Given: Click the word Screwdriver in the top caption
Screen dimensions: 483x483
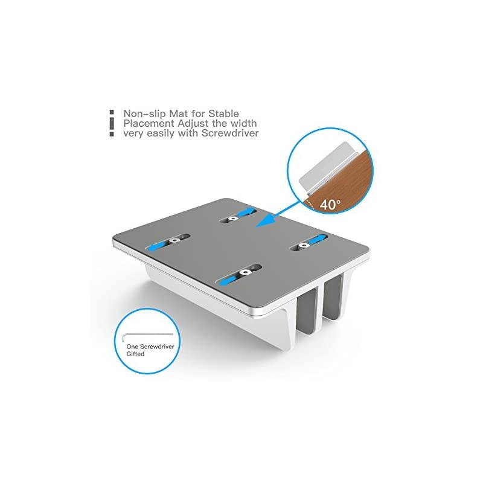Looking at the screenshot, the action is pyautogui.click(x=230, y=133).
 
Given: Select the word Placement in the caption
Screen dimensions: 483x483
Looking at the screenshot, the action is pyautogui.click(x=149, y=124).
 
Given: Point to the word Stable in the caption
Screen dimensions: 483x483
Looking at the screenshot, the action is pyautogui.click(x=223, y=114).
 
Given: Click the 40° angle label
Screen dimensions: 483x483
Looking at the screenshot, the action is pyautogui.click(x=330, y=204).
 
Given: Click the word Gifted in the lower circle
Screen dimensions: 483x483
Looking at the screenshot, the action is pyautogui.click(x=135, y=354).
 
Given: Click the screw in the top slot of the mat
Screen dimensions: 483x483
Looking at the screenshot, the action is pyautogui.click(x=233, y=219).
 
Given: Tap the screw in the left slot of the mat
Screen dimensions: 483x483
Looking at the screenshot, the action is pyautogui.click(x=175, y=240).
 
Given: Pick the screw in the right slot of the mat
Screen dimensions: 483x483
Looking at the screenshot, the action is pyautogui.click(x=304, y=245).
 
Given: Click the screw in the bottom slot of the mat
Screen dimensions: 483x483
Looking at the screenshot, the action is pyautogui.click(x=246, y=272).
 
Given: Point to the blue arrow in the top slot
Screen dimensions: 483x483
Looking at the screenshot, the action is pyautogui.click(x=246, y=212).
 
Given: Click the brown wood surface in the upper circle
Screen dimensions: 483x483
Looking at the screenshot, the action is pyautogui.click(x=344, y=181).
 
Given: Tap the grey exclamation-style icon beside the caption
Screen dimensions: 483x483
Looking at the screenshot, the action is pyautogui.click(x=112, y=123).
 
